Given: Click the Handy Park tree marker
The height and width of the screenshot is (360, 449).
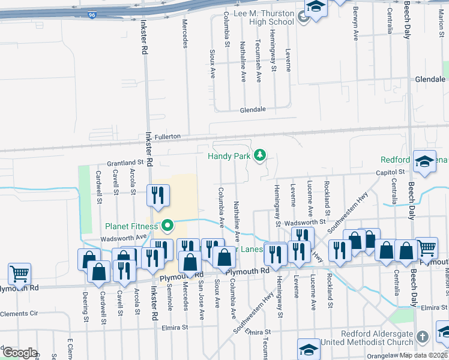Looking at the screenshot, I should (x=260, y=155).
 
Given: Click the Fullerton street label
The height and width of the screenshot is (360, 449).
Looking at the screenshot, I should (x=167, y=137).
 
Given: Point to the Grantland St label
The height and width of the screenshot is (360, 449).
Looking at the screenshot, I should (x=125, y=163).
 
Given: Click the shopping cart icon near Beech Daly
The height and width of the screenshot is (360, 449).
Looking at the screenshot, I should (x=426, y=247).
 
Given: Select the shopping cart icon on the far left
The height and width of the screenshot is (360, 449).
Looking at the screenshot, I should (x=20, y=274).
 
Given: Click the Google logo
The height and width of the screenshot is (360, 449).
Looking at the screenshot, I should (x=20, y=352).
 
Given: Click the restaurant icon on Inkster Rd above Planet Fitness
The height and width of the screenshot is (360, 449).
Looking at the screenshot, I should (x=158, y=196).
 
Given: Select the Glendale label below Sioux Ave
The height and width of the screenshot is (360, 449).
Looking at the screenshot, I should (x=253, y=110).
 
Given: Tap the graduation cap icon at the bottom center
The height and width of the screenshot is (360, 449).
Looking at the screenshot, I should (x=309, y=349).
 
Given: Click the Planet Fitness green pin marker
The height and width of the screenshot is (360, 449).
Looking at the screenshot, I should (x=168, y=226).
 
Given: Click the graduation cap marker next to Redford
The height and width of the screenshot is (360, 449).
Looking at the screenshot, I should (x=425, y=161).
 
